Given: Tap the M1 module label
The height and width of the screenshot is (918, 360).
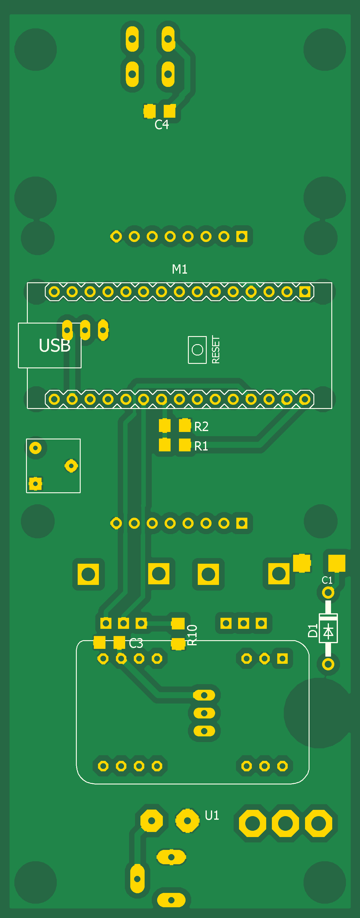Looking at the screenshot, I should [x=180, y=269].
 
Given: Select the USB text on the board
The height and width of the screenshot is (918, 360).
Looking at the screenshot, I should [x=55, y=345].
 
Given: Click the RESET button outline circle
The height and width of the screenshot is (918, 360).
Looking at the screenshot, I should [x=197, y=350].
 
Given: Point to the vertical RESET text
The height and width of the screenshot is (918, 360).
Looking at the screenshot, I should [x=216, y=350].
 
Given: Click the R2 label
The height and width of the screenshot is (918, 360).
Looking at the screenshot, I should [x=201, y=426].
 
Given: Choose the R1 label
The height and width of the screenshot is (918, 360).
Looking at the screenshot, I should [x=201, y=446].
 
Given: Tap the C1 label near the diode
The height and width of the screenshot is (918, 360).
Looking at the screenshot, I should [x=327, y=580].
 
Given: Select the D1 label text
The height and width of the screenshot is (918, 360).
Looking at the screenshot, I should [x=312, y=631].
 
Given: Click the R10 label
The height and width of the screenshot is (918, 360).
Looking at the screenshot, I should [x=192, y=635].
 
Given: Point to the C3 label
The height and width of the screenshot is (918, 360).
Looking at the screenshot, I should [x=136, y=643].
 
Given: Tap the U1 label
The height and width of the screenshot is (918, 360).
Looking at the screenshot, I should [x=212, y=815].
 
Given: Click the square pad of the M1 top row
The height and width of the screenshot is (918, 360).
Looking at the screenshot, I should [x=305, y=292].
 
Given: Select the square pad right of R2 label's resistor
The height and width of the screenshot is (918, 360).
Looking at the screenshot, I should [x=185, y=425].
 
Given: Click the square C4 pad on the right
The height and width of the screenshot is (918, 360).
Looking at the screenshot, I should [x=170, y=111].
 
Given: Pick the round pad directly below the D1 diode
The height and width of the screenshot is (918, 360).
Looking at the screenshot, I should [x=328, y=664].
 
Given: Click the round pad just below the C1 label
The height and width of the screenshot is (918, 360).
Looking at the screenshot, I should [x=328, y=593].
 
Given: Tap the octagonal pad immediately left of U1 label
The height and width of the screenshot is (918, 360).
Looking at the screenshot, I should [x=187, y=821].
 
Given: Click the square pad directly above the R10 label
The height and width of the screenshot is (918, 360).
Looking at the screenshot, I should [x=178, y=623].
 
